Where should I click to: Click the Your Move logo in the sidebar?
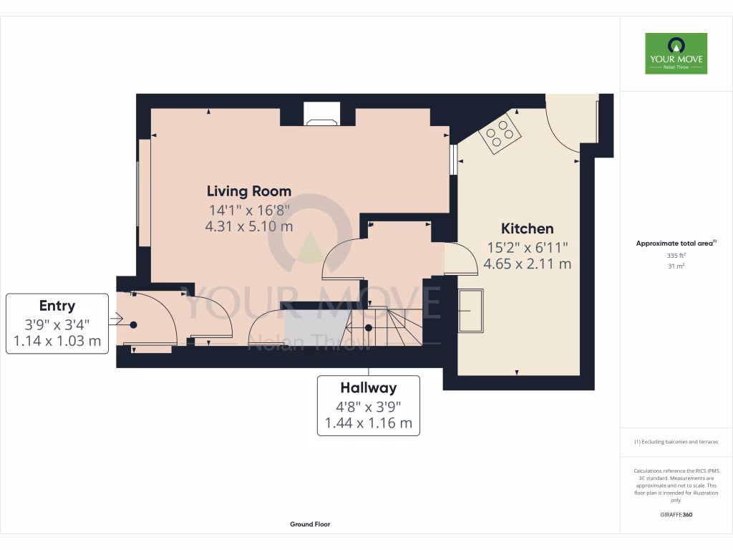676,53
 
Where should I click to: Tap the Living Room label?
249,191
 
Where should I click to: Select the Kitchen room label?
527,229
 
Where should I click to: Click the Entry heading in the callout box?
57,306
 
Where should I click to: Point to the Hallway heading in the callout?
368,388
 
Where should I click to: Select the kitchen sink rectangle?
470,310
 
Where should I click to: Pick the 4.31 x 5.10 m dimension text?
249,226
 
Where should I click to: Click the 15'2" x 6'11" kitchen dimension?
527,248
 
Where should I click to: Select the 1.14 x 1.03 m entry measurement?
57,341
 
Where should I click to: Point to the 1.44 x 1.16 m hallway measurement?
368,423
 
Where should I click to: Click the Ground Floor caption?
310,524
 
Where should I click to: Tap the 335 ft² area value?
676,255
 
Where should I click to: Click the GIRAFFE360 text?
676,515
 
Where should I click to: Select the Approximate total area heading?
676,243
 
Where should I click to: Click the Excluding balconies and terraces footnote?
676,442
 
